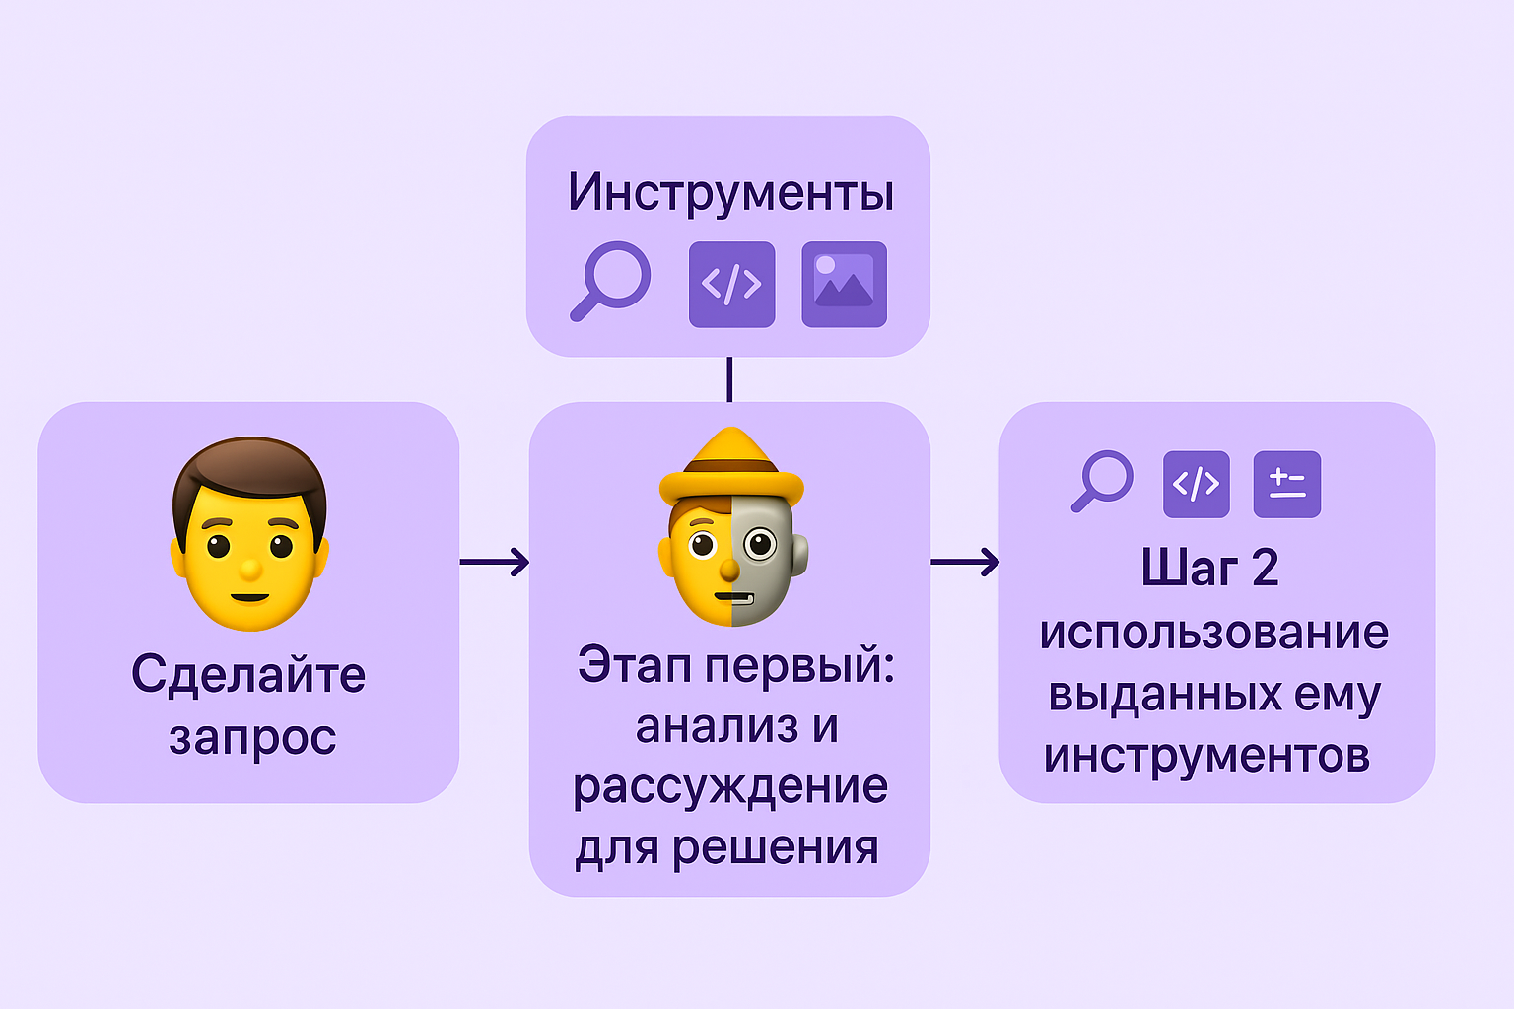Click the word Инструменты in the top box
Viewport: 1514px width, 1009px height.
pyautogui.click(x=730, y=192)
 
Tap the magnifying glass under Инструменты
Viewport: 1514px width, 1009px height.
pyautogui.click(x=611, y=280)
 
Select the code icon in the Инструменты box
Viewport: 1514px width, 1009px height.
pyautogui.click(x=731, y=285)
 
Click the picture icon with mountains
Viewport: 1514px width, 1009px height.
pyautogui.click(x=844, y=285)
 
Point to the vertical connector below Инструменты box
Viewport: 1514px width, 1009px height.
pyautogui.click(x=729, y=379)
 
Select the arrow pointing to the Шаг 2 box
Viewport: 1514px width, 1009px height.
pyautogui.click(x=965, y=562)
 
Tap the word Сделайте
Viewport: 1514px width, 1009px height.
pyautogui.click(x=248, y=676)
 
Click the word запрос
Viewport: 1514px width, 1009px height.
pyautogui.click(x=252, y=737)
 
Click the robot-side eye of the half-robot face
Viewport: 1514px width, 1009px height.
pyautogui.click(x=760, y=543)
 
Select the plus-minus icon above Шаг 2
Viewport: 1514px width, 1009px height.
pyautogui.click(x=1286, y=484)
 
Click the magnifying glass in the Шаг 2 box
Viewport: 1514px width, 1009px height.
pyautogui.click(x=1103, y=480)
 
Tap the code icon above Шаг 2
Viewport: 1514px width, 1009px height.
pyautogui.click(x=1196, y=484)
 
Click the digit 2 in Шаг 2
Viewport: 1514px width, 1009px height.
pyautogui.click(x=1265, y=569)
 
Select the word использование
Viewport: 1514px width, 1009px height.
pyautogui.click(x=1214, y=633)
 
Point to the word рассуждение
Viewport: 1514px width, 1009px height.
pyautogui.click(x=730, y=786)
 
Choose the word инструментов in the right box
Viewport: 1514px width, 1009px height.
pyautogui.click(x=1207, y=756)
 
